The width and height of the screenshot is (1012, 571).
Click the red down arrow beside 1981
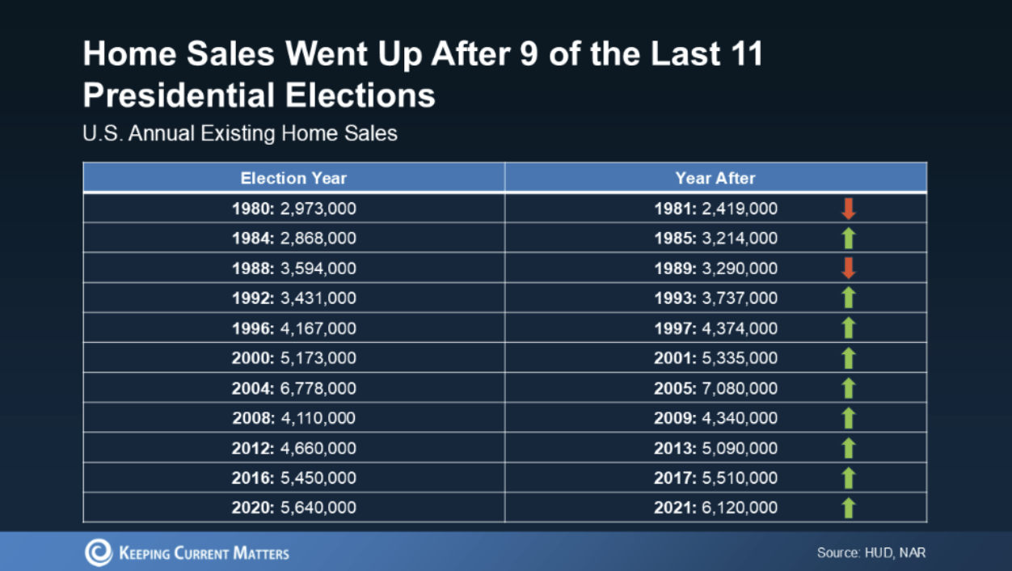848,209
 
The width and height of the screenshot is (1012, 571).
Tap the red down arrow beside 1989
848,269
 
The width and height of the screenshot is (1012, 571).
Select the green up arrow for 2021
848,508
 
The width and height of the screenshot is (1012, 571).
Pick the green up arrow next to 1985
848,239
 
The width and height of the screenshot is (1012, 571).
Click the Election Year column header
293,178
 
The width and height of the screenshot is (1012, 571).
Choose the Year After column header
715,178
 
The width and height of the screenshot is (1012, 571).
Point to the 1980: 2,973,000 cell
293,209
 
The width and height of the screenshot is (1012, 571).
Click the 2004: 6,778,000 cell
293,388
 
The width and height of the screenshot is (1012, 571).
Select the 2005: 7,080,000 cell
715,388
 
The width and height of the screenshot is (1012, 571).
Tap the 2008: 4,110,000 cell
293,418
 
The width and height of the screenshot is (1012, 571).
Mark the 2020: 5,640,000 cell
293,508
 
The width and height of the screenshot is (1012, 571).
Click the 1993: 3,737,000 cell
715,298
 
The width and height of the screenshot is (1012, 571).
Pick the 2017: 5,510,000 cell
715,478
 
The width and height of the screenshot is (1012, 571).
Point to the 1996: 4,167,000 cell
293,328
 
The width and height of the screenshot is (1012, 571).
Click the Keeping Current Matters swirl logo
98,553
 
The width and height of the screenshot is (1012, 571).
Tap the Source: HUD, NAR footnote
871,553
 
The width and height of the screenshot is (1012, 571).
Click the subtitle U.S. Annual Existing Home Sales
240,133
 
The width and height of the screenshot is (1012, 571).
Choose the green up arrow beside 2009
848,418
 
